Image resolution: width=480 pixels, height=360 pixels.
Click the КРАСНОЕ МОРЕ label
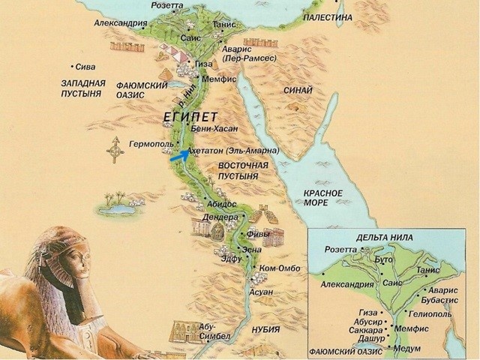click(323, 198)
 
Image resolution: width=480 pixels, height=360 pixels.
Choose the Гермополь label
click(151, 143)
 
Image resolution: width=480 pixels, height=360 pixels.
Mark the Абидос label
click(221, 203)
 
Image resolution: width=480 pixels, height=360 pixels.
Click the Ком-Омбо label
click(278, 268)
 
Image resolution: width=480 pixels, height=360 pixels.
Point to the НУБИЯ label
click(265, 329)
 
